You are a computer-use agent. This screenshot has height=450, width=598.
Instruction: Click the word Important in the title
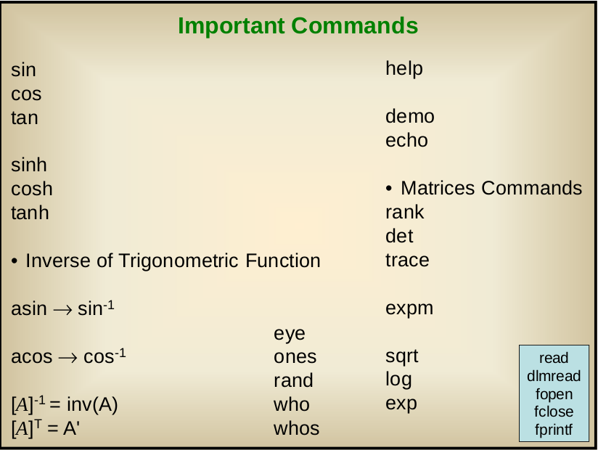(231, 27)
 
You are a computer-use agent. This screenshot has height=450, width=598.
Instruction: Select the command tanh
(30, 213)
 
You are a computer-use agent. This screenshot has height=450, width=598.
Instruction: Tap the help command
(404, 70)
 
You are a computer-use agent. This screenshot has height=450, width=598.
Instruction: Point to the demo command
(410, 116)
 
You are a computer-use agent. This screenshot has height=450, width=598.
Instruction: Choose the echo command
(406, 140)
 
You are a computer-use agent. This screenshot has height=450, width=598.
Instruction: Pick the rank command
(405, 213)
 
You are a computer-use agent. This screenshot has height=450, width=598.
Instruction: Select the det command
(399, 236)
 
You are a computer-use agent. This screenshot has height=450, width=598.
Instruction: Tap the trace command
(407, 261)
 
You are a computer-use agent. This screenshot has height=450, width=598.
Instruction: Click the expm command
(409, 309)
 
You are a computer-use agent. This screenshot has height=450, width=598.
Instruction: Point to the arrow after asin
(62, 310)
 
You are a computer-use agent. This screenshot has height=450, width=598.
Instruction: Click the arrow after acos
(68, 358)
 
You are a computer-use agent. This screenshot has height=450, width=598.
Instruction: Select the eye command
(290, 335)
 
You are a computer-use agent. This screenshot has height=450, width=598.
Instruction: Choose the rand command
(293, 380)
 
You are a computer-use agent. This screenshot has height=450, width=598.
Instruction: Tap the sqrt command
(401, 357)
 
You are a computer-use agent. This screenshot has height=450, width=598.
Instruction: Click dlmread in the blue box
(554, 376)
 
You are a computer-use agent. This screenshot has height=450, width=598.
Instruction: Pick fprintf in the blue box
(554, 430)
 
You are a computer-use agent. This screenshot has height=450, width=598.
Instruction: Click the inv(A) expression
(92, 404)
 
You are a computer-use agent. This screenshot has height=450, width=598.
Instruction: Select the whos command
(296, 429)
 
